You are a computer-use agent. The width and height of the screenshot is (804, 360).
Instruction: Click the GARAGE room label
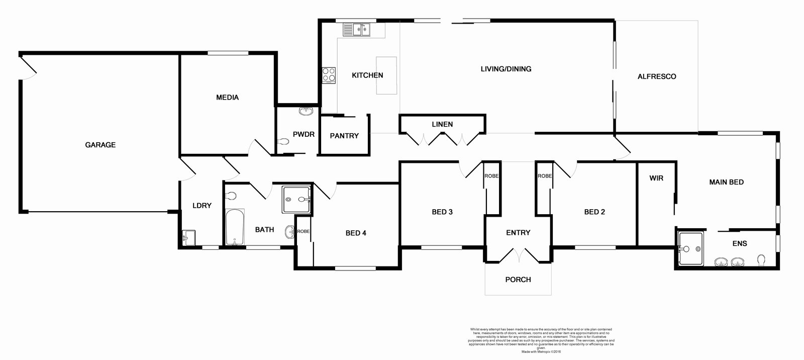coord(100,145)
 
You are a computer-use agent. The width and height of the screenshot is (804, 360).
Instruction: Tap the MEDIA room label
coord(227,98)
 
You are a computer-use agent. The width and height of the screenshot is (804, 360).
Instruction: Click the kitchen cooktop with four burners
coord(329,75)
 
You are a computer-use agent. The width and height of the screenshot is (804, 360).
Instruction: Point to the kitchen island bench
coord(386,75)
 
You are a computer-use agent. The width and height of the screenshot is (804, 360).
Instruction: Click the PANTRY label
coord(344,136)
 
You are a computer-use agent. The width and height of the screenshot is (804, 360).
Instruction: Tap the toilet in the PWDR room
coord(283,142)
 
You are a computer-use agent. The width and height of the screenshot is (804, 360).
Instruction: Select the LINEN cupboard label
coord(442,124)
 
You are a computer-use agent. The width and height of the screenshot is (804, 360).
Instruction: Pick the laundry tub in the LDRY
coord(188,237)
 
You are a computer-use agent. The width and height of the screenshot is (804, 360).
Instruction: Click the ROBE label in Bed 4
coord(303,231)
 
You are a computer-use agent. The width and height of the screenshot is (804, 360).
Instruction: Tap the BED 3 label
coord(442,212)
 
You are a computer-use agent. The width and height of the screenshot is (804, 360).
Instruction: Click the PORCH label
coord(518,280)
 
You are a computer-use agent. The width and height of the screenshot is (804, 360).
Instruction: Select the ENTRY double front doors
coord(518,255)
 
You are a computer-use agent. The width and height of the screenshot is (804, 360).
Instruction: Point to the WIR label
coord(656,178)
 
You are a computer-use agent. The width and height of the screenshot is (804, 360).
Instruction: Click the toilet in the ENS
coord(761,259)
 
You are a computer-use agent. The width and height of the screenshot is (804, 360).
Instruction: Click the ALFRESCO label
coord(656,77)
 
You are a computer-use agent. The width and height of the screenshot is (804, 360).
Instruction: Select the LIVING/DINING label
coord(506,69)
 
